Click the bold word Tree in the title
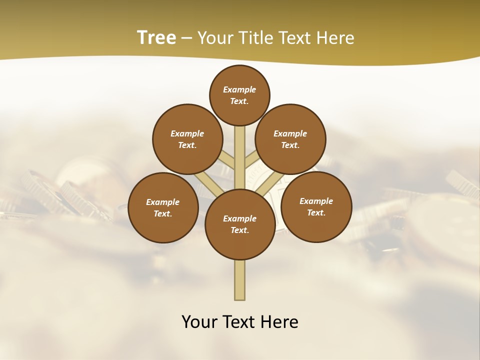tap(156, 37)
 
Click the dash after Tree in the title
tap(186, 38)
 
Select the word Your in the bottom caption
tap(199, 322)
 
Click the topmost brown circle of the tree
tap(239, 95)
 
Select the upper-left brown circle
tap(187, 139)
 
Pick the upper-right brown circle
tap(290, 139)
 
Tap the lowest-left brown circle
tap(163, 207)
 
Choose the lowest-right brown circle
tap(316, 206)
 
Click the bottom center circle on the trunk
tap(240, 224)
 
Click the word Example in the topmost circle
tap(239, 89)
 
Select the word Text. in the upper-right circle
tap(290, 145)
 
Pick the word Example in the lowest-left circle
tap(163, 202)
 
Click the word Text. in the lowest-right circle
tap(316, 212)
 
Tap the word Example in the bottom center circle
tap(240, 218)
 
